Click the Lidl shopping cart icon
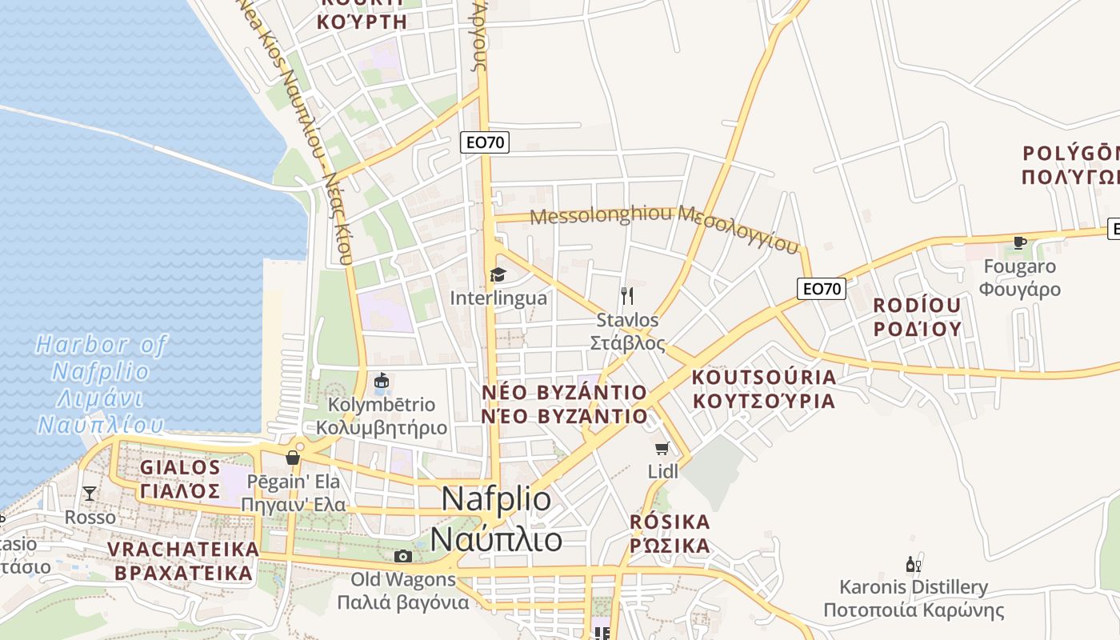click(662, 449)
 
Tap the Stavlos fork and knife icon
click(627, 296)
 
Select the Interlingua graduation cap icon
click(498, 275)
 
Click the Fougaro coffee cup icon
click(1019, 242)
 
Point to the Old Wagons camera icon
click(403, 556)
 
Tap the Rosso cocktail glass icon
click(90, 493)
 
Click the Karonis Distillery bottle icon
click(913, 565)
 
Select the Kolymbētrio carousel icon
click(382, 381)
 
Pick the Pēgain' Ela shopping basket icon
click(293, 458)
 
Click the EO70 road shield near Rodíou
click(821, 289)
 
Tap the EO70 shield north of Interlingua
click(485, 143)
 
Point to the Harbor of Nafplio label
click(102, 385)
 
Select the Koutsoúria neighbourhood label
click(763, 389)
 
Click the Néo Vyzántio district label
click(565, 404)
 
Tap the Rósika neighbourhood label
click(670, 534)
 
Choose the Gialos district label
click(180, 478)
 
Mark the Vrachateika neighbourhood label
click(183, 561)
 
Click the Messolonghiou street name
click(664, 226)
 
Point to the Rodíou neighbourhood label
click(917, 317)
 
